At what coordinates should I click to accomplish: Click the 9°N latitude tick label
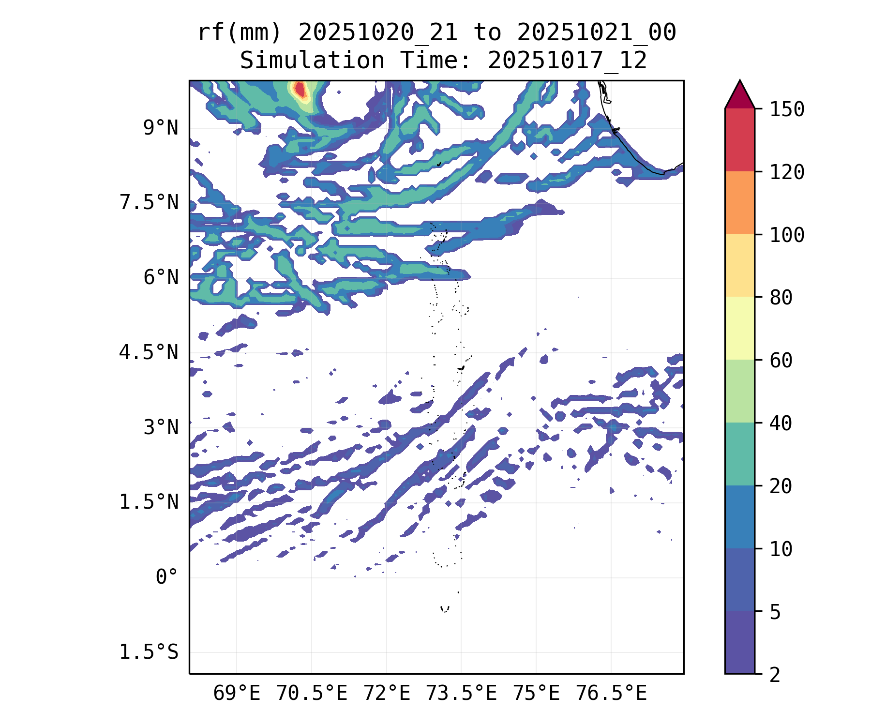[x=161, y=128]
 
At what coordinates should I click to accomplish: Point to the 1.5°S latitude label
[x=149, y=652]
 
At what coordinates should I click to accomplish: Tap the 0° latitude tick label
[x=167, y=577]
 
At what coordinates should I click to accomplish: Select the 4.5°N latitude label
[x=149, y=352]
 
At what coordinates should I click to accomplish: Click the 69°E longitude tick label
[x=237, y=693]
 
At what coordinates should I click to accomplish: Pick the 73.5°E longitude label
[x=461, y=693]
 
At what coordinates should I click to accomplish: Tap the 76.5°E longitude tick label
[x=611, y=693]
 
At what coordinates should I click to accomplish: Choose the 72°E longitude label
[x=387, y=693]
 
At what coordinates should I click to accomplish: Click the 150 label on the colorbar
[x=787, y=109]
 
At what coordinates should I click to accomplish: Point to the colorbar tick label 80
[x=781, y=297]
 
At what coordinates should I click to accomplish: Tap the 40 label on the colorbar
[x=781, y=423]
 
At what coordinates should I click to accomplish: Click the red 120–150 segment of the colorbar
[x=739, y=140]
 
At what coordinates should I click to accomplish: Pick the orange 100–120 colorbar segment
[x=739, y=203]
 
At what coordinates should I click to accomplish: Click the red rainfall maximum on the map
[x=300, y=90]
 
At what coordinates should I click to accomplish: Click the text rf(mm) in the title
[x=240, y=33]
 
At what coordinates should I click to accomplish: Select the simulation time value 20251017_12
[x=567, y=61]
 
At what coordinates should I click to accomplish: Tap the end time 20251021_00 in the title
[x=596, y=33]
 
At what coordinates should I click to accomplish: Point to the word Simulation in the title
[x=312, y=61]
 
